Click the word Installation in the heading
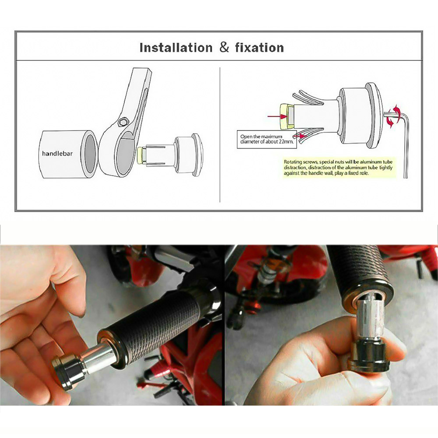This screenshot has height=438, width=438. coord(176,47)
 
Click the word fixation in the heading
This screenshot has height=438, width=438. coord(259,47)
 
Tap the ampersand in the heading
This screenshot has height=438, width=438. coord(224,47)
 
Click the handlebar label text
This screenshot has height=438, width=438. coord(57,153)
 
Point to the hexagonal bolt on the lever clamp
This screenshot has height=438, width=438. coord(122,122)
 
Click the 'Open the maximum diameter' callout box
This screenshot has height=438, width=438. coord(266,139)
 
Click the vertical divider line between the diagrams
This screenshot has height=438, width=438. coord(220,134)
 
